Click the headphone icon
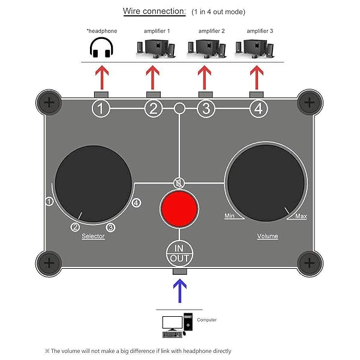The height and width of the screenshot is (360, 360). (101, 49)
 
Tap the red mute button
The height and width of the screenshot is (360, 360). (179, 209)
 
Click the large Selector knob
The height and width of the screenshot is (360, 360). (93, 180)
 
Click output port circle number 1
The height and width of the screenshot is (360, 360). (101, 109)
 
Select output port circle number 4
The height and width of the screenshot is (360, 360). (258, 109)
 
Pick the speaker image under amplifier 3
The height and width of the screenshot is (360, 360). (257, 47)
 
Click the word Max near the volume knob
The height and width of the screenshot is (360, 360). (302, 217)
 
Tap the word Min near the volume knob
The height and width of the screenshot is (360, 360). (229, 215)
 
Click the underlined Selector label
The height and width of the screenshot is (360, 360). (93, 236)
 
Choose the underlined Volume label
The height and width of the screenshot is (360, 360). (268, 236)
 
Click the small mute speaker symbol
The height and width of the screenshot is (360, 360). (179, 183)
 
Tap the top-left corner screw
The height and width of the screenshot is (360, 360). (49, 103)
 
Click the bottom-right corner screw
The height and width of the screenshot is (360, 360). (309, 262)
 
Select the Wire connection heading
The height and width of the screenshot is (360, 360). (153, 11)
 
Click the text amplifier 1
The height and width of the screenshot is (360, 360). (157, 30)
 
